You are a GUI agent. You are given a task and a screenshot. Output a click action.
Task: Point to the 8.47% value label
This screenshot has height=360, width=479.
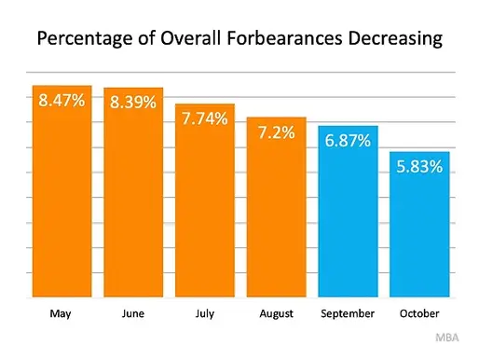[x=62, y=100]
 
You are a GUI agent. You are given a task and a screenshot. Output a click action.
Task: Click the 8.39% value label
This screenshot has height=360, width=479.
[x=133, y=102]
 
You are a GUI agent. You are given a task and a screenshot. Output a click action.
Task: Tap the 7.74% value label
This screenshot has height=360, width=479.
[x=205, y=118]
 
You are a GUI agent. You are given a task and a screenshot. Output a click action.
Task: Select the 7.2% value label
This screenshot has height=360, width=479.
[x=277, y=132]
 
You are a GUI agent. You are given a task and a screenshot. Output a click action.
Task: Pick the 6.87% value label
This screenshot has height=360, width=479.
[x=349, y=140]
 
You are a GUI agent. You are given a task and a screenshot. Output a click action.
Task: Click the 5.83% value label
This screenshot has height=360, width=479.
[x=420, y=166]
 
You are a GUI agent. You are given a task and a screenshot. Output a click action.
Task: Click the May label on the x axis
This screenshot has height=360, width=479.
[x=62, y=314]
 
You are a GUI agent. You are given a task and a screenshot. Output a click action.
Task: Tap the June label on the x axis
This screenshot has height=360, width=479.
[x=133, y=314]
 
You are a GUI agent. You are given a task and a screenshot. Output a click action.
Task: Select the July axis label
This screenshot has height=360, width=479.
[x=205, y=314]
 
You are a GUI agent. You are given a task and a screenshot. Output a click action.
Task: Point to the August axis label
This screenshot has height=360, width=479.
[x=277, y=314]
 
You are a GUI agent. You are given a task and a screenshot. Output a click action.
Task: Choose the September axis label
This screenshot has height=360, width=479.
[x=349, y=314]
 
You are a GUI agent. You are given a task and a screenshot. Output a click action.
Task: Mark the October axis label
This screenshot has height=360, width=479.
[x=420, y=314]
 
